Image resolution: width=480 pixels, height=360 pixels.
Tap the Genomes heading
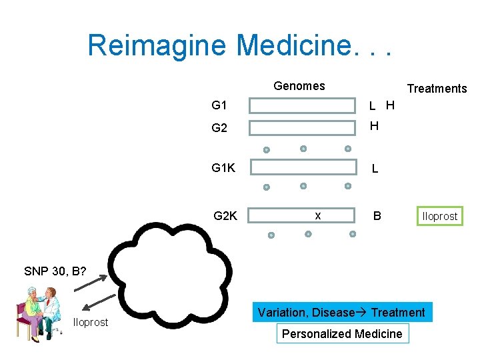pyautogui.click(x=299, y=86)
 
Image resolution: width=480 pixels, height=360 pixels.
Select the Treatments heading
pyautogui.click(x=437, y=89)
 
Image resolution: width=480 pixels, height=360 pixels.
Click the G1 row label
pyautogui.click(x=219, y=105)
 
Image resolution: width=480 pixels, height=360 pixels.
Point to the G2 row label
pyautogui.click(x=219, y=128)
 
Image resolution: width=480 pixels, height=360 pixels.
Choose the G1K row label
pyautogui.click(x=223, y=168)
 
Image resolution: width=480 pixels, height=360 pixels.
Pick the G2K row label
pyautogui.click(x=225, y=215)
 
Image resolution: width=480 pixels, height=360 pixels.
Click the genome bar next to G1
pyautogui.click(x=303, y=106)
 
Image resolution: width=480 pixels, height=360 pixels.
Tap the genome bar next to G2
pyautogui.click(x=303, y=129)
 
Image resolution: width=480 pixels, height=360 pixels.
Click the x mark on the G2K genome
pyautogui.click(x=317, y=215)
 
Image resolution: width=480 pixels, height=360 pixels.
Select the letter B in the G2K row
pyautogui.click(x=377, y=215)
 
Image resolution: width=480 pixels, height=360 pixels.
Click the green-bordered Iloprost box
pyautogui.click(x=439, y=216)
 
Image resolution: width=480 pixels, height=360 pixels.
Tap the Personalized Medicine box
pyautogui.click(x=342, y=334)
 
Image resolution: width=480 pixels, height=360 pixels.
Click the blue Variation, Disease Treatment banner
pyautogui.click(x=341, y=312)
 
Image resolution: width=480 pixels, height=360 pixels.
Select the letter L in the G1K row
pyautogui.click(x=375, y=169)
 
